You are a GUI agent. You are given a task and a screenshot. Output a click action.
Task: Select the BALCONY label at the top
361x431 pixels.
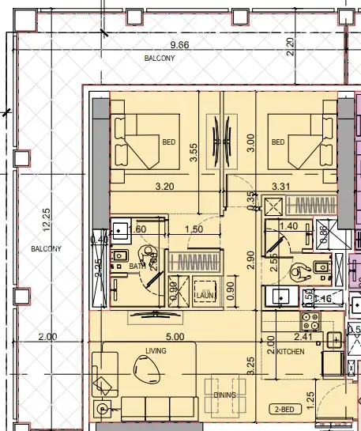[160, 59]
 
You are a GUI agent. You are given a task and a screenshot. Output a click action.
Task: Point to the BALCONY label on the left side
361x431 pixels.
[46, 249]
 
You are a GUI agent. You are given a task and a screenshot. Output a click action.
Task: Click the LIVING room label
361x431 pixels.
[156, 350]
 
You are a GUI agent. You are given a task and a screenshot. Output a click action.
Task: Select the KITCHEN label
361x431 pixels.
[291, 351]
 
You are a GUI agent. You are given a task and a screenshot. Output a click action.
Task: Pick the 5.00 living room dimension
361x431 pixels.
[175, 336]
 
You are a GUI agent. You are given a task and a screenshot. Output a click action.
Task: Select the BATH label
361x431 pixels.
[137, 267]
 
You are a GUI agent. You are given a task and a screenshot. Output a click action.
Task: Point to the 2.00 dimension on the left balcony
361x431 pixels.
[47, 336]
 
